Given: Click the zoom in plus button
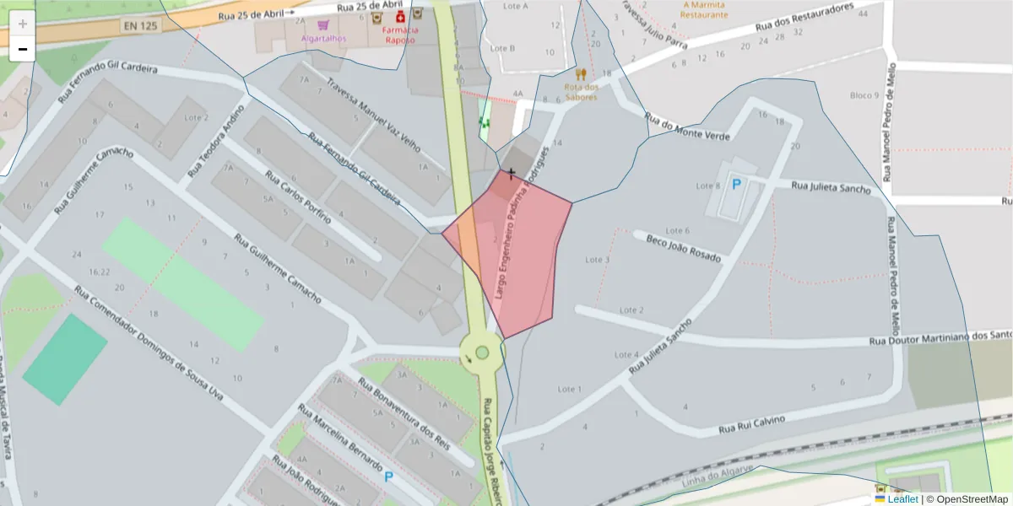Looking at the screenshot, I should click(x=23, y=24).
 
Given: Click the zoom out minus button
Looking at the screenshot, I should click(x=23, y=50).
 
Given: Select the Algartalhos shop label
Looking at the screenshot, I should click(x=323, y=39).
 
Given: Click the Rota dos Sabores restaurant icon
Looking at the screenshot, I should click(x=581, y=74).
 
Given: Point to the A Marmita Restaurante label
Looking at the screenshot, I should click(x=704, y=9).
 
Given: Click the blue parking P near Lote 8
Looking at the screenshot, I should click(x=736, y=183).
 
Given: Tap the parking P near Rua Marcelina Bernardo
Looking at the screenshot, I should click(x=388, y=476).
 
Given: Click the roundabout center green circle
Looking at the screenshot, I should click(x=482, y=353).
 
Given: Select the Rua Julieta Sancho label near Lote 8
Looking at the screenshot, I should click(x=831, y=186).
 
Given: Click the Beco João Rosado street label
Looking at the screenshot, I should click(x=684, y=248).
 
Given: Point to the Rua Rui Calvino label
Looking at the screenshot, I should click(x=751, y=424).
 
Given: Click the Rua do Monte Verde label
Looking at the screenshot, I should click(x=685, y=126).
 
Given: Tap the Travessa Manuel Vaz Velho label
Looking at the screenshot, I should click(x=373, y=113).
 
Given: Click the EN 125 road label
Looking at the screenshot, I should click(x=140, y=26).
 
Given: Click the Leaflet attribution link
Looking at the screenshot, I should click(x=902, y=499).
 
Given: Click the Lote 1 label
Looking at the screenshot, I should click(x=571, y=389).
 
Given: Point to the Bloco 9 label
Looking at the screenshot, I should click(x=864, y=95).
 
